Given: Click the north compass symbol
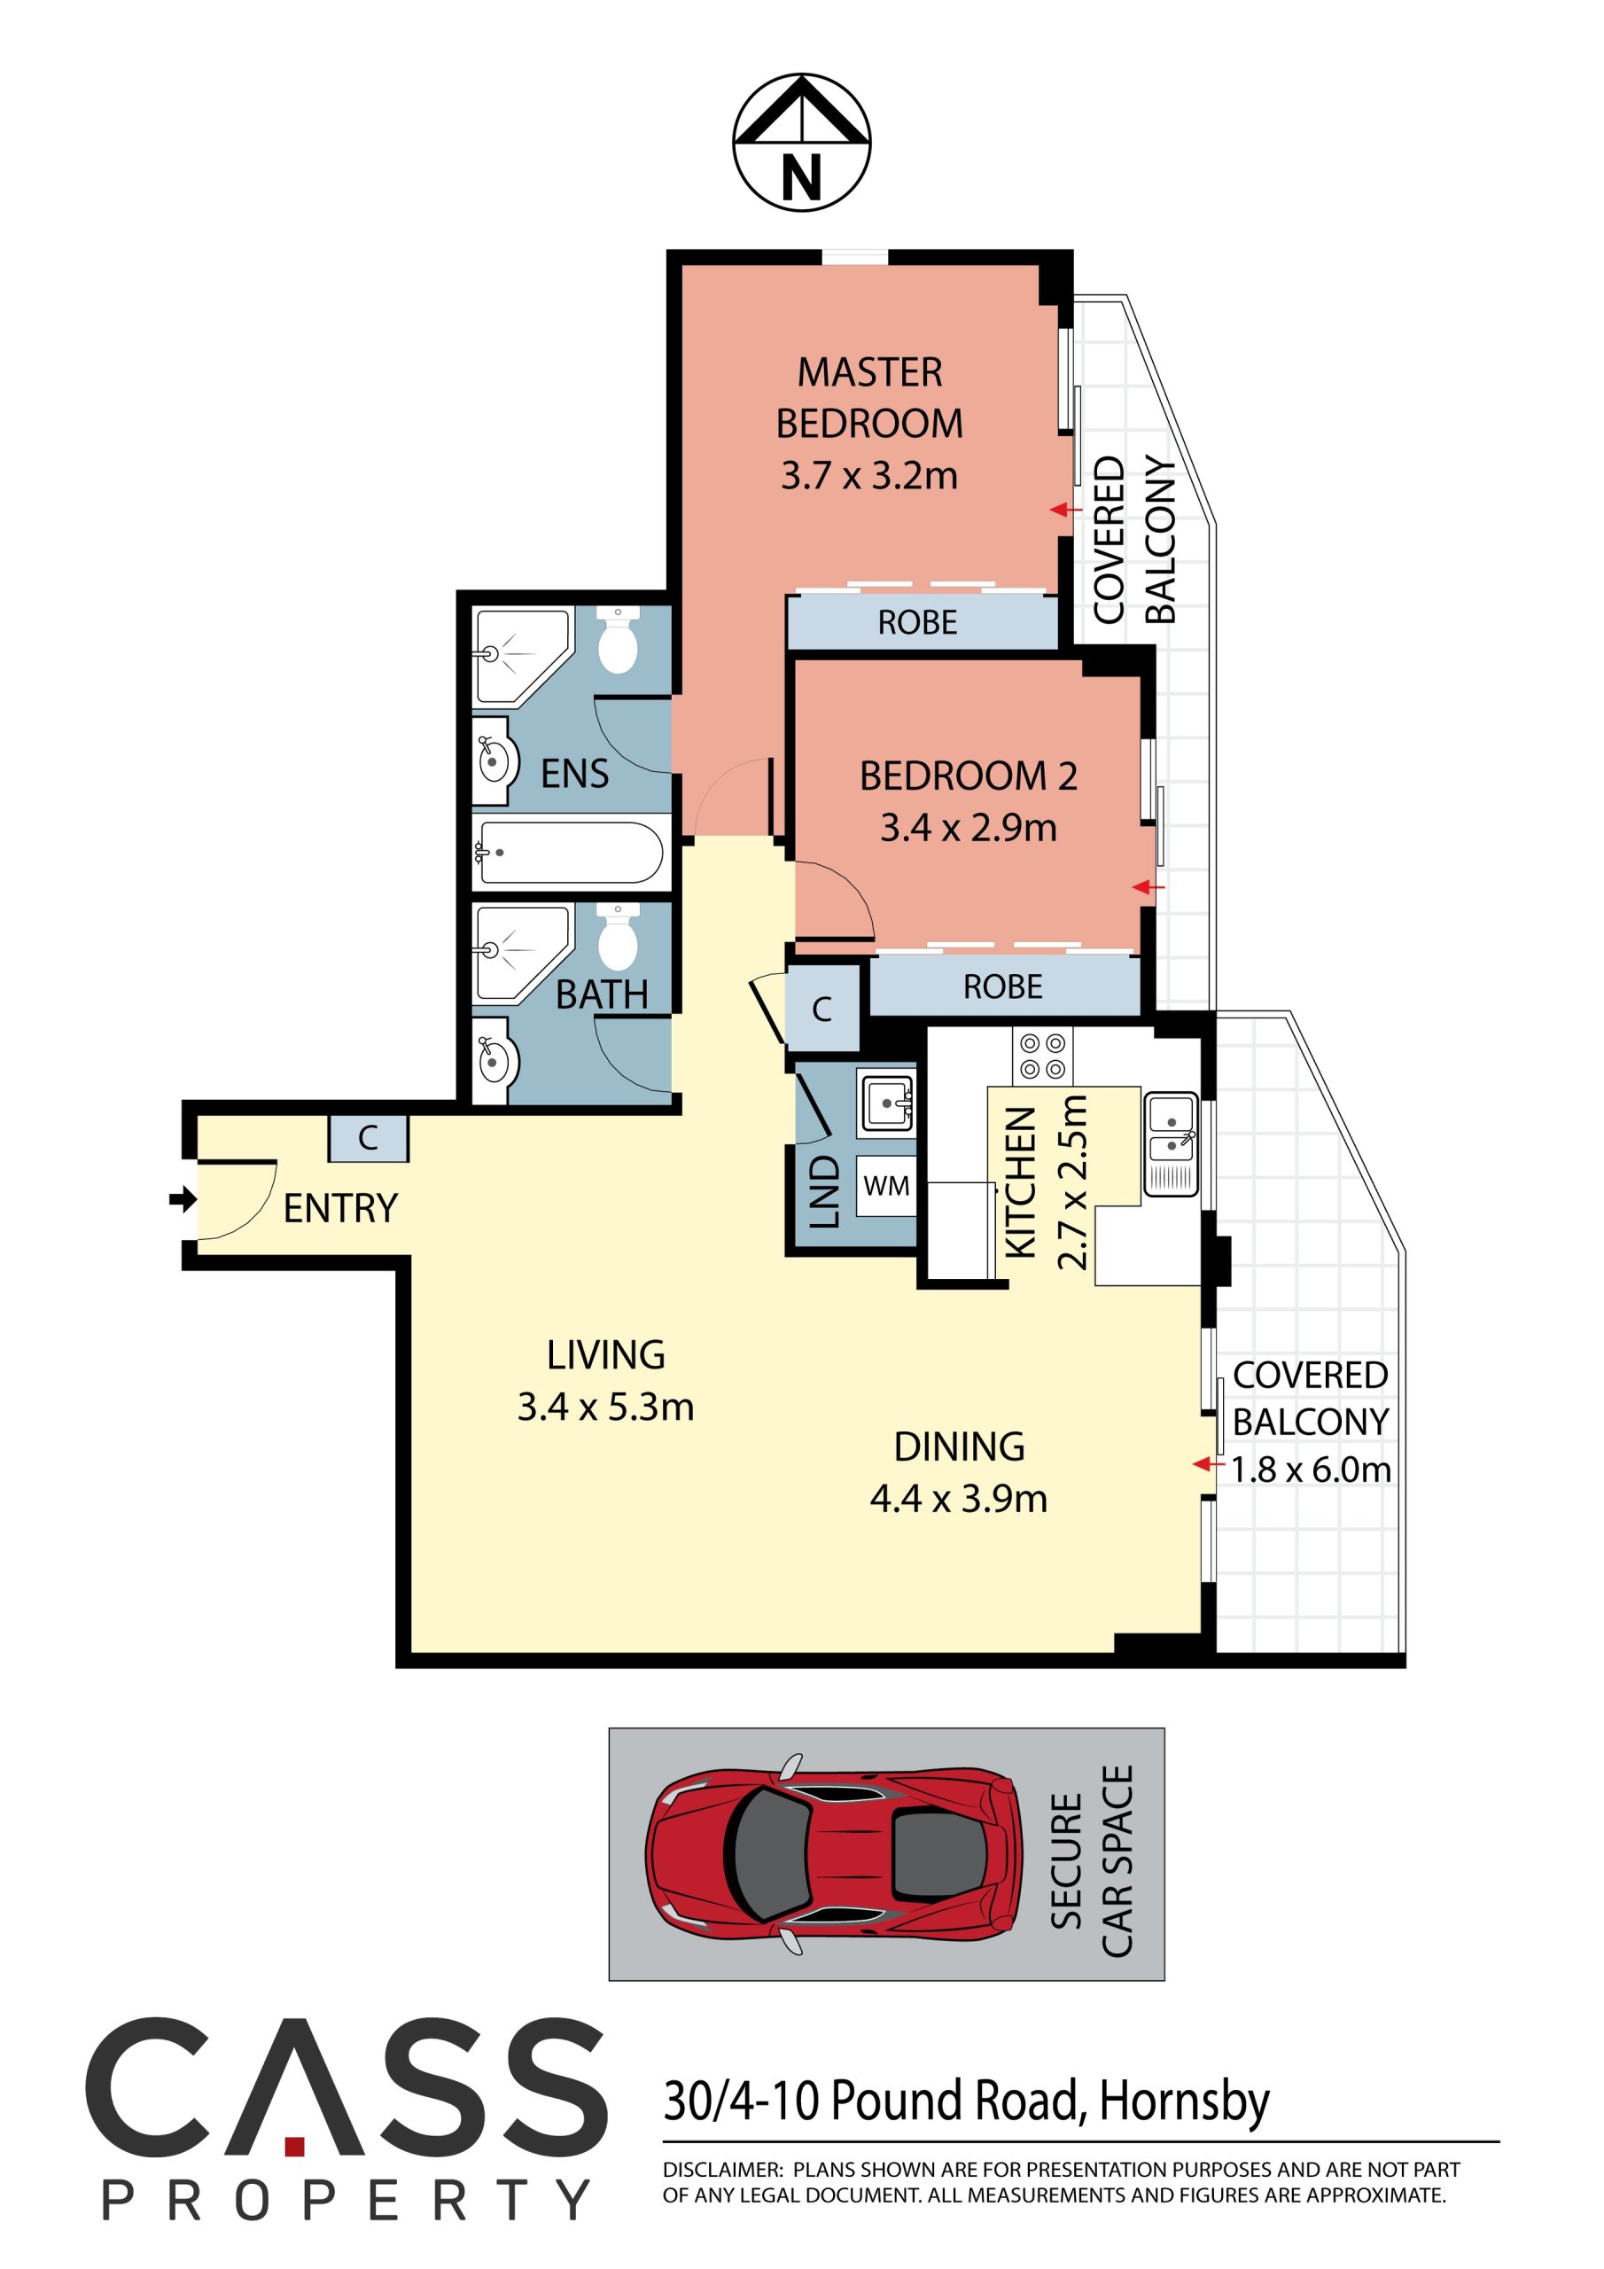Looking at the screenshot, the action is tap(801, 143).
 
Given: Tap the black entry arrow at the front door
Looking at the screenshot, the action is tap(183, 1200).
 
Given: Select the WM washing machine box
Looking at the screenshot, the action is tap(885, 1186).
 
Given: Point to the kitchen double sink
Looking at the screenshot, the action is tap(1172, 1143).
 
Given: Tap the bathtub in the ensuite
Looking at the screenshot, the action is tap(568, 851).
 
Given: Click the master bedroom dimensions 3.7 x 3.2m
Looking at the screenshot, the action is tap(868, 476).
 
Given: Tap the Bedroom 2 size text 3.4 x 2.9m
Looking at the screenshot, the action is tap(969, 827).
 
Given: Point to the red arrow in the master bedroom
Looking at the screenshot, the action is tap(1065, 510).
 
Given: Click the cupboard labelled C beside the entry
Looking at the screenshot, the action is tap(368, 1137).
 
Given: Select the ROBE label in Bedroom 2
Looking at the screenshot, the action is tap(1003, 986).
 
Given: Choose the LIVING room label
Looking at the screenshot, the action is tap(606, 1354).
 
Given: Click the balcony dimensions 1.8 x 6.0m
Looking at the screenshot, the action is tap(1312, 1470).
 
